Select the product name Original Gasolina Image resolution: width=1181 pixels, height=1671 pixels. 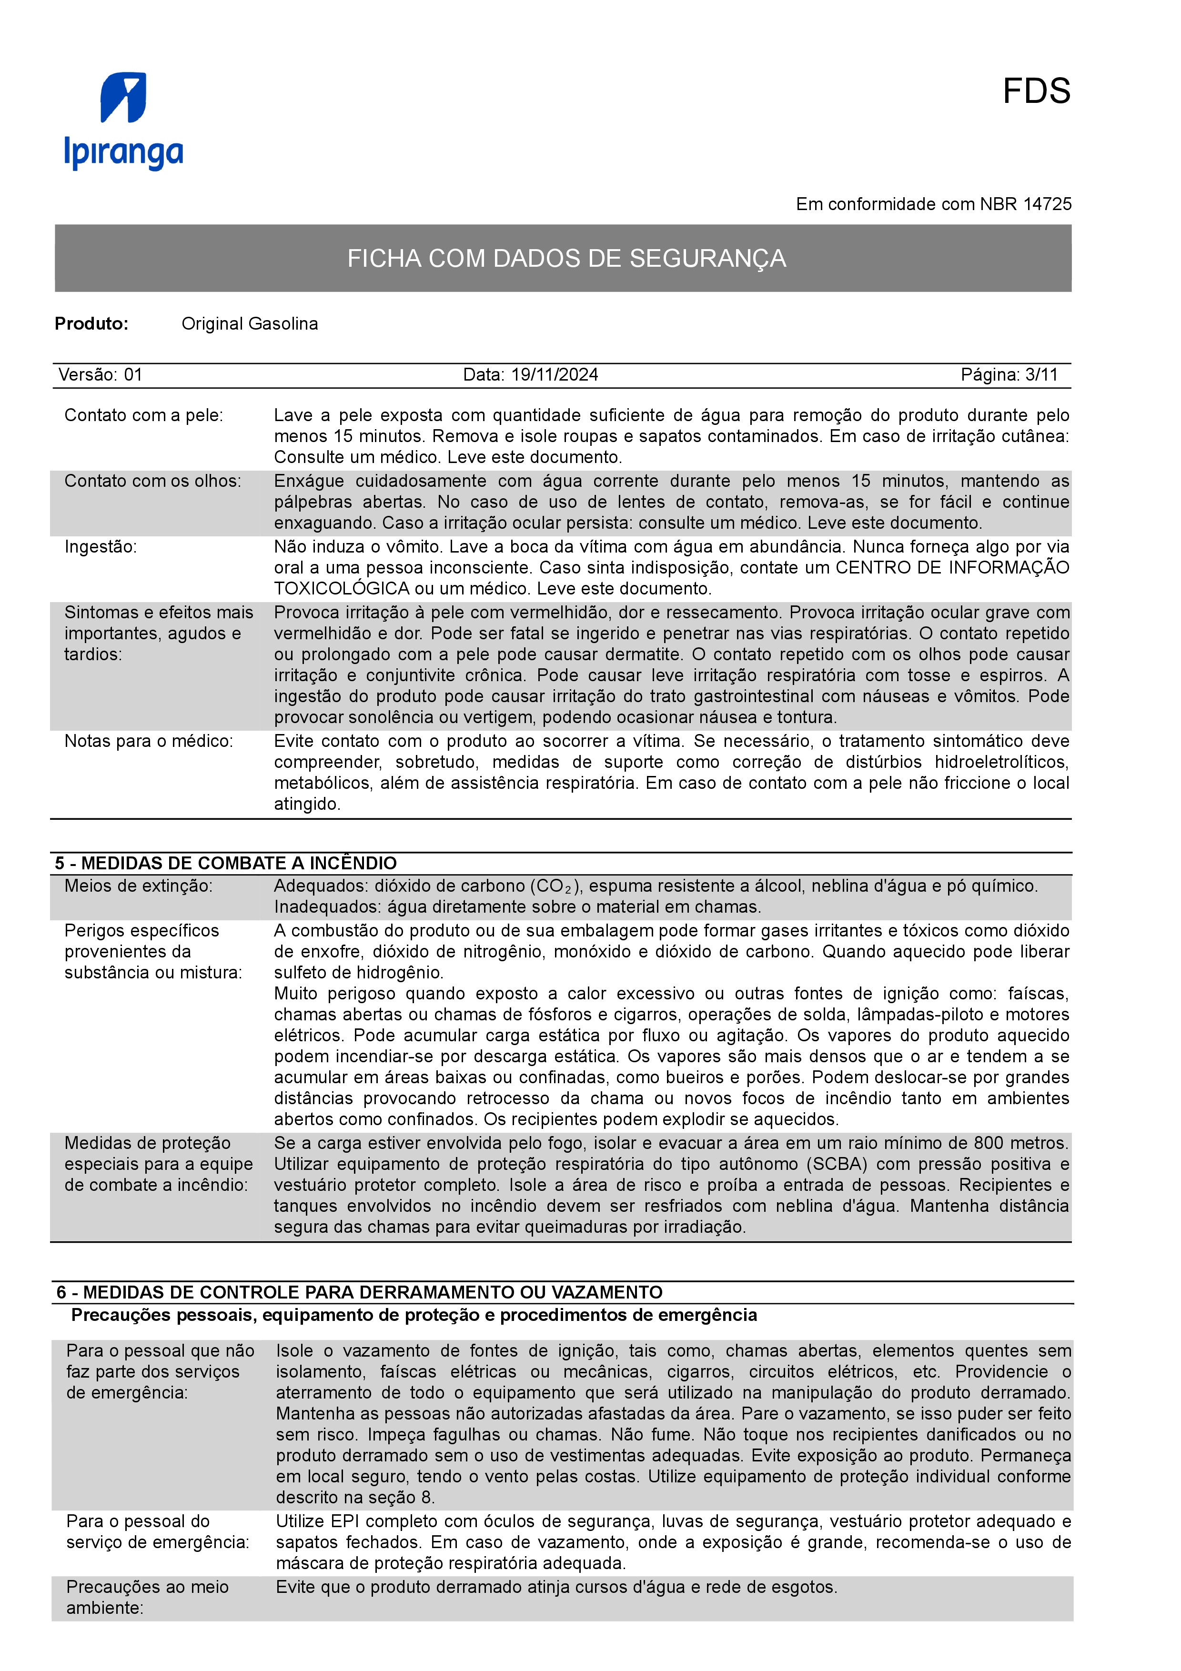tap(250, 324)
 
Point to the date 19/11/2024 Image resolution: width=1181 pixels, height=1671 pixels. tap(555, 375)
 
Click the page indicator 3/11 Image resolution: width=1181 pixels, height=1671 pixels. tap(1041, 375)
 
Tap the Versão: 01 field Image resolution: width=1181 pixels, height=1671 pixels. tap(101, 375)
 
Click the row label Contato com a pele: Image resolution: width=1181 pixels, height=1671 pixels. tap(144, 415)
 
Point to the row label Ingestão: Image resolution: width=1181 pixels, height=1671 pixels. tap(101, 546)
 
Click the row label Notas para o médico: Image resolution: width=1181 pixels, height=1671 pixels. tap(149, 741)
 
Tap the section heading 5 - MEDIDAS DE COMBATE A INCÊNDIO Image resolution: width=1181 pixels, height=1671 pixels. tap(225, 863)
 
